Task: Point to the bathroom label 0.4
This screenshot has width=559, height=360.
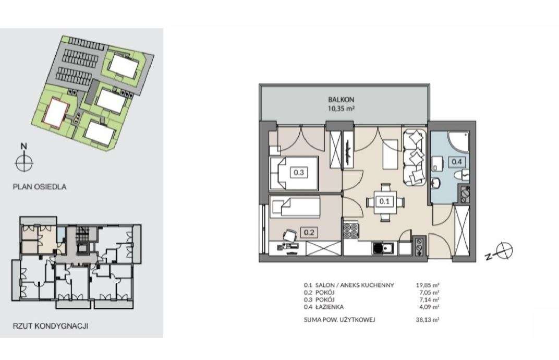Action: [x=457, y=161]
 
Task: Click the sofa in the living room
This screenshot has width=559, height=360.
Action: [x=415, y=157]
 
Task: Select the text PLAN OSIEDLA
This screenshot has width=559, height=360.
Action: [x=40, y=186]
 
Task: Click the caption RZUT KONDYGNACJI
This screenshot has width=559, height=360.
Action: [x=51, y=327]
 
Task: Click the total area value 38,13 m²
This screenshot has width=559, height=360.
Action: [x=430, y=320]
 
